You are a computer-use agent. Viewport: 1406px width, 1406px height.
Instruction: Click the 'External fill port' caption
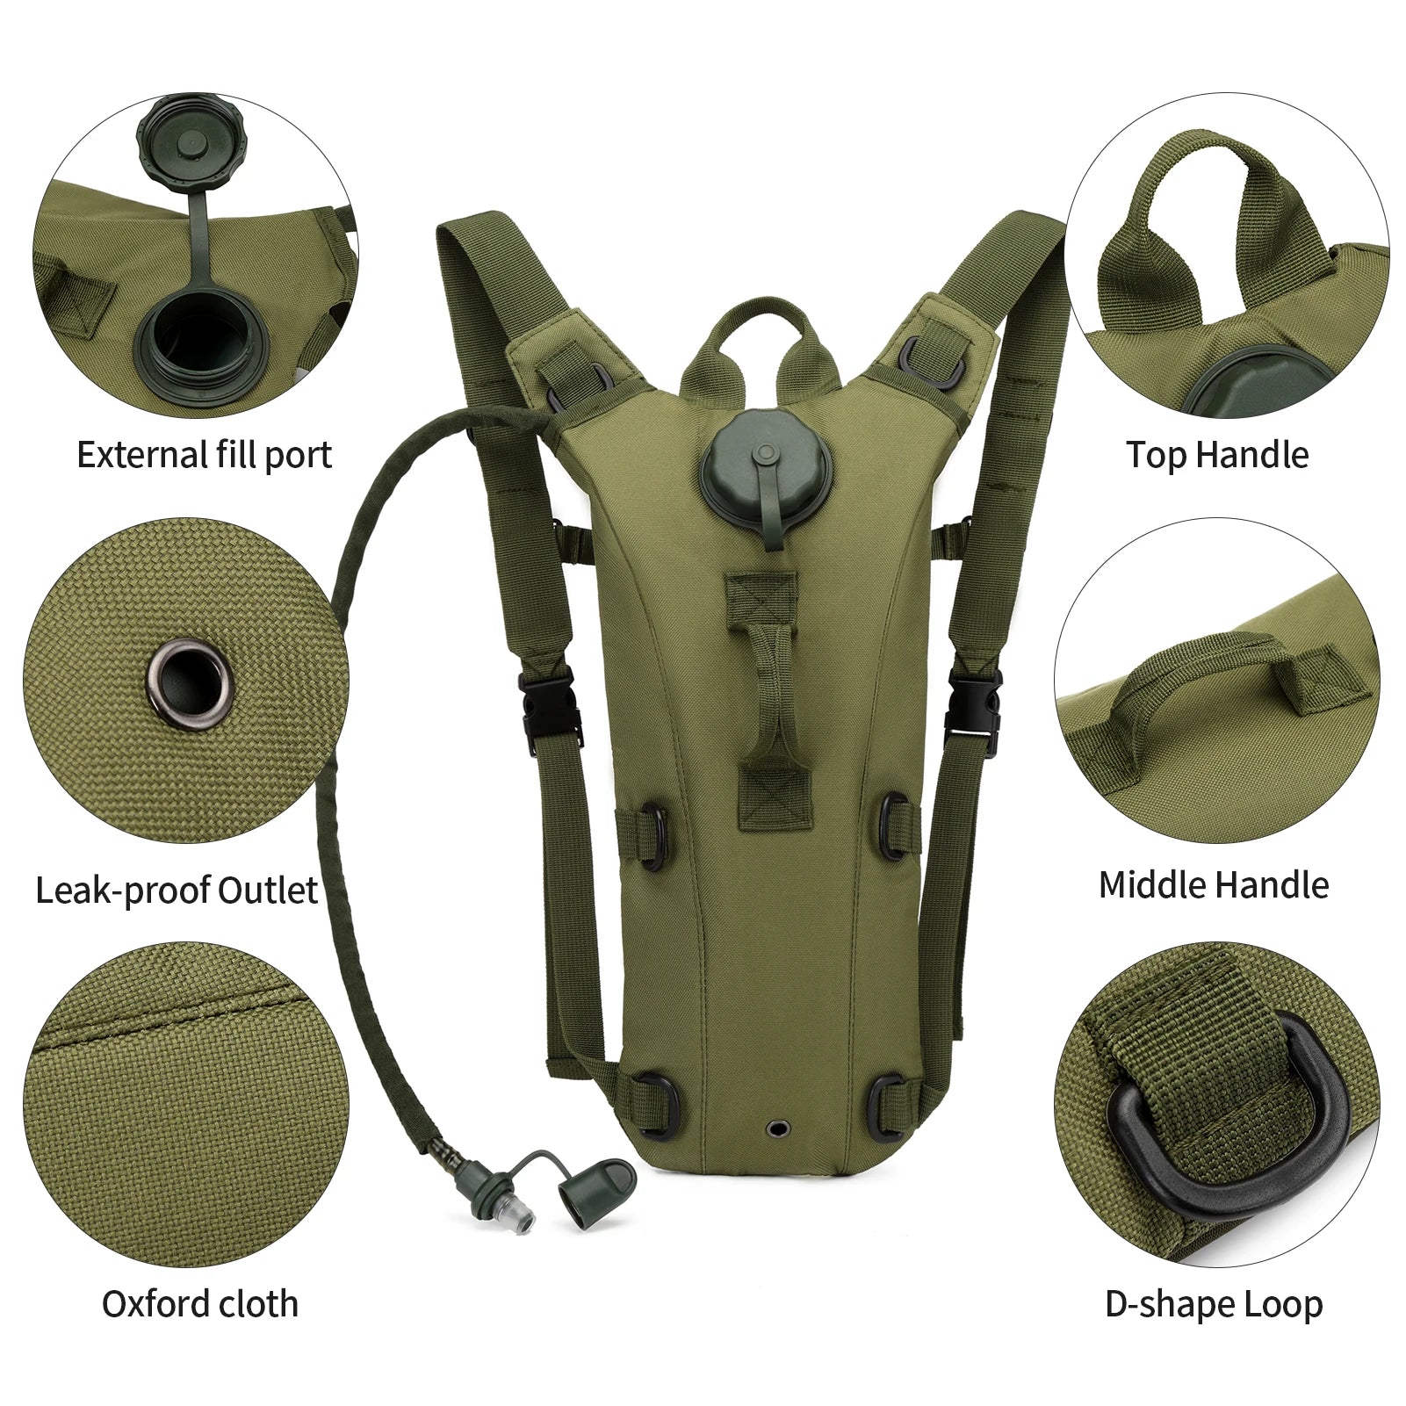pos(205,455)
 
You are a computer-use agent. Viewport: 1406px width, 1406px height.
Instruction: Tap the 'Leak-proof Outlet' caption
pos(177,890)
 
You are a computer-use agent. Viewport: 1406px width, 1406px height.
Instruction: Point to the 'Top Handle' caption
pos(1217,455)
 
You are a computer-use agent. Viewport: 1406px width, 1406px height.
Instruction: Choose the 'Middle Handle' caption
pos(1214,885)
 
